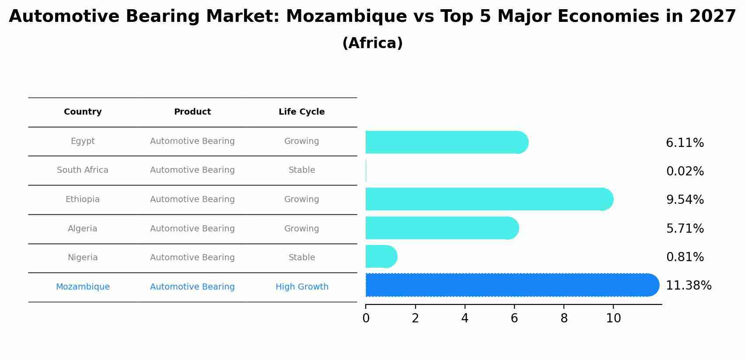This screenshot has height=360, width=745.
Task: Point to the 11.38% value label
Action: (689, 286)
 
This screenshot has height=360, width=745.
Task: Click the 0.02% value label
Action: (685, 171)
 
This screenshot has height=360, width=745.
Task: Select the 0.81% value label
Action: (685, 257)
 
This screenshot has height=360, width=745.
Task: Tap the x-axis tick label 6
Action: (514, 318)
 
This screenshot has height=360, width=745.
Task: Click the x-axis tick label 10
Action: (613, 318)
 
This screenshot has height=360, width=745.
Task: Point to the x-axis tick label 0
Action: (366, 318)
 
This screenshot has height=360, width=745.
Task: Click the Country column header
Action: (83, 112)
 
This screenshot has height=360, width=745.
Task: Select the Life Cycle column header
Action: (302, 112)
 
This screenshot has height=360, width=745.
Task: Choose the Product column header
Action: (192, 112)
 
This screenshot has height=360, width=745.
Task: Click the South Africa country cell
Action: (83, 170)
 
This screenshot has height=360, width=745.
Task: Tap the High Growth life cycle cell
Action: (302, 287)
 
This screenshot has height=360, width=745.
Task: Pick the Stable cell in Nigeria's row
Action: (302, 258)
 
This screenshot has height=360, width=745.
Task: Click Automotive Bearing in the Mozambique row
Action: (192, 287)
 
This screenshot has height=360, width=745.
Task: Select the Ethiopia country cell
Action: (83, 199)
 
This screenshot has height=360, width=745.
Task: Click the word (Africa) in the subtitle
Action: (372, 43)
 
